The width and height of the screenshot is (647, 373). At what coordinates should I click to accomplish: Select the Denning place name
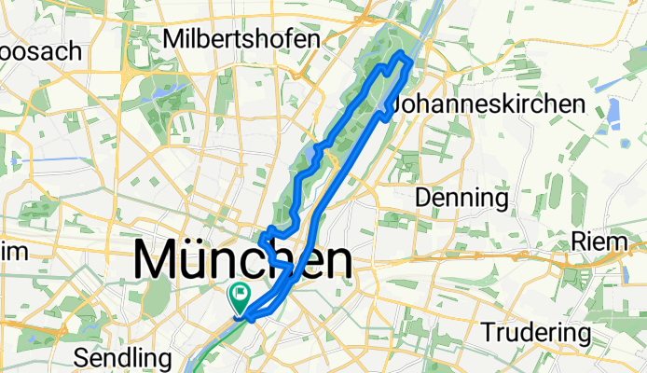(x=461, y=198)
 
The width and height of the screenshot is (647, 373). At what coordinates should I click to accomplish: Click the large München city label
(x=244, y=259)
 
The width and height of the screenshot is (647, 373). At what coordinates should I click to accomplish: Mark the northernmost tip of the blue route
(x=401, y=56)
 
